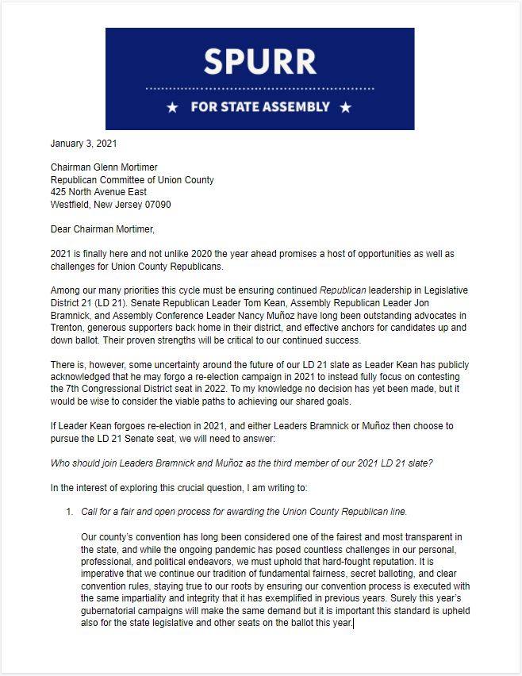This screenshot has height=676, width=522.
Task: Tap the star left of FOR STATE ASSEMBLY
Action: pos(172,107)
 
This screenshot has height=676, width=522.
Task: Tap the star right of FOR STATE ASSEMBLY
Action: pos(345,107)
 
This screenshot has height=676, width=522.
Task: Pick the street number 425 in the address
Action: pos(59,192)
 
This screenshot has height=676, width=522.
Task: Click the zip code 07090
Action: pos(155,204)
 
